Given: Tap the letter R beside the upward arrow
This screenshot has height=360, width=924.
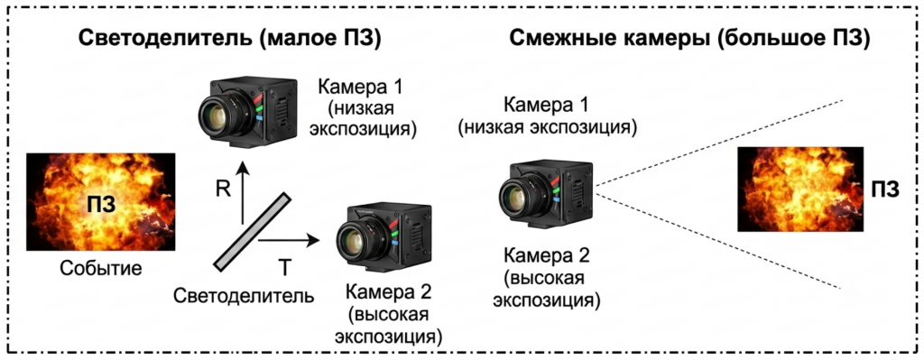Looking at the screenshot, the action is click(222, 189).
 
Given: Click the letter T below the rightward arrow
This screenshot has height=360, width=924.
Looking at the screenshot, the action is click(284, 268).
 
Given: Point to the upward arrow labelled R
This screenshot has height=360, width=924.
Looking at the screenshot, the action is click(242, 195).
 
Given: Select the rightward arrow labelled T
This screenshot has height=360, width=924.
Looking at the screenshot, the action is click(289, 240).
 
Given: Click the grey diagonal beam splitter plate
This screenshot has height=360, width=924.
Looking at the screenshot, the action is click(253, 232).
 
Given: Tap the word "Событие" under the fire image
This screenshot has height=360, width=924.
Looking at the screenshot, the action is click(101, 269).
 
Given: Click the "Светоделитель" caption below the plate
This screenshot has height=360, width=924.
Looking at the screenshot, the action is click(244, 295).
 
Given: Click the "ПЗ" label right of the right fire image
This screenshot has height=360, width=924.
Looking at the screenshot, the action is click(885, 190).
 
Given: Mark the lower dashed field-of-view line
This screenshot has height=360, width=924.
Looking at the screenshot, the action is click(719, 240).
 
